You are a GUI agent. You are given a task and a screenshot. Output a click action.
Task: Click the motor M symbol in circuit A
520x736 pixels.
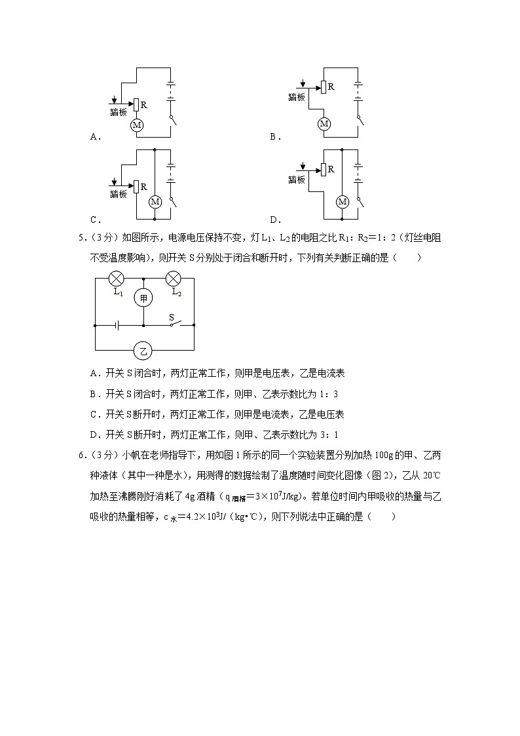138,125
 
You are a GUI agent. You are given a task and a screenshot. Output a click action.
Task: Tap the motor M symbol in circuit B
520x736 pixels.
324,124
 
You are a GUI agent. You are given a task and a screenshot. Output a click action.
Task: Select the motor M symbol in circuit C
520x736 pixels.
155,202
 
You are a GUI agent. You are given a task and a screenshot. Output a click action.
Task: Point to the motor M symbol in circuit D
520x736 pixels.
342,202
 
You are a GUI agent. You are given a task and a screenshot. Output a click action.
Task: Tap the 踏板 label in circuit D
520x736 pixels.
297,180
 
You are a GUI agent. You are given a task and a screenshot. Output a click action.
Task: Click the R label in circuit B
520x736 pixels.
331,87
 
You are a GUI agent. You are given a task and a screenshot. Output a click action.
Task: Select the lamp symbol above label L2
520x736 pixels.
174,278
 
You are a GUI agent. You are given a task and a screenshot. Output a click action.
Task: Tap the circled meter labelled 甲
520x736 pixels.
143,298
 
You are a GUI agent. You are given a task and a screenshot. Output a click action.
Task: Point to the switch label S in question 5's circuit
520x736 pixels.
172,317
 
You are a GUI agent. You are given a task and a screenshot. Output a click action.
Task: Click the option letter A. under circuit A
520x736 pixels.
94,137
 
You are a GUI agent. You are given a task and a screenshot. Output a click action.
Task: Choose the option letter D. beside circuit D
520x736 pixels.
275,220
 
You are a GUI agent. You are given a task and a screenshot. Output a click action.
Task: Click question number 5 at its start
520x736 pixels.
81,238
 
